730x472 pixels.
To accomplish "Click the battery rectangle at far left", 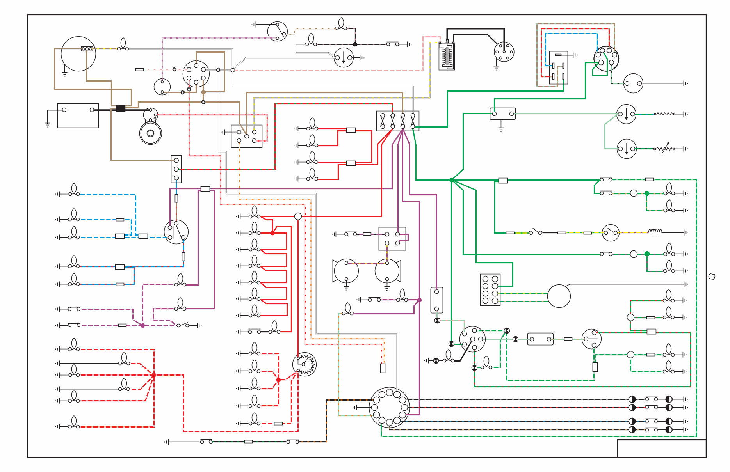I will [x=78, y=115].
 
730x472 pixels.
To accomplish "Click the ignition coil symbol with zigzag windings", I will [x=447, y=56].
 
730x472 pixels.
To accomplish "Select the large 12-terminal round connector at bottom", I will [x=389, y=407].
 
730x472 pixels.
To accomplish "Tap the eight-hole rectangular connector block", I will [x=490, y=289].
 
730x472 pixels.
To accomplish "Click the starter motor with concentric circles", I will [x=151, y=133].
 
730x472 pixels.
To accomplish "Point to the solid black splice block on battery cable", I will [x=121, y=108].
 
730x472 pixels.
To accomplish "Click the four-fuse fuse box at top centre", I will [x=397, y=121].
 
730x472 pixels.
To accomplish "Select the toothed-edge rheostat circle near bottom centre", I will [x=304, y=364].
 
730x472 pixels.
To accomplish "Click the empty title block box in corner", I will [x=661, y=448].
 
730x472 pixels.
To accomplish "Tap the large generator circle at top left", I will [x=78, y=54].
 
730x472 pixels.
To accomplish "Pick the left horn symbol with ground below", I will [x=345, y=271].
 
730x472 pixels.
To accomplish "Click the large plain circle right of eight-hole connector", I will [x=559, y=296].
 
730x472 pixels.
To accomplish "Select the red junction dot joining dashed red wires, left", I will [x=154, y=375].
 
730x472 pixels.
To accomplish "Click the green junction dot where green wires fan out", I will [x=451, y=180].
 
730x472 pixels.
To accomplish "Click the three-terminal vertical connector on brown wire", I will [x=176, y=169].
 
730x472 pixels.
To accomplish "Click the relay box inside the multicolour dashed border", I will [x=558, y=67].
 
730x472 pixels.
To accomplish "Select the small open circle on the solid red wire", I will [x=297, y=216].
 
